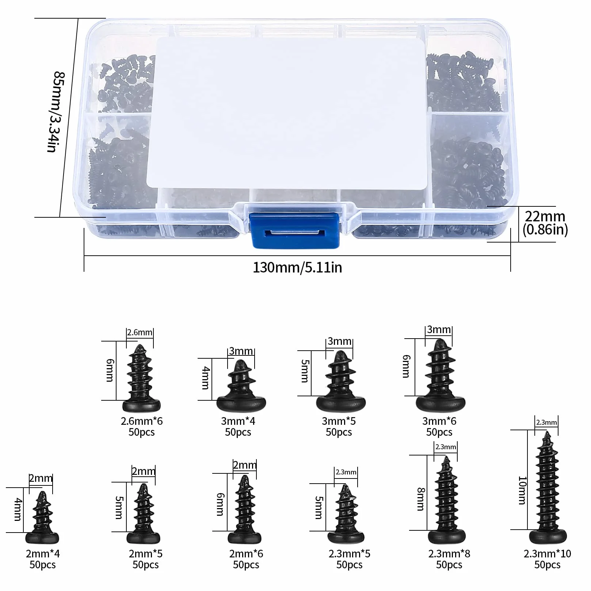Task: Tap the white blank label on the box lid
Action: (287, 113)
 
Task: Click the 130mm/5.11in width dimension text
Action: (297, 267)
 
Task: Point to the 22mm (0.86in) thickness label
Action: (545, 223)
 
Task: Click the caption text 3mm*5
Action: (339, 421)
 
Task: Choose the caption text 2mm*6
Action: (246, 554)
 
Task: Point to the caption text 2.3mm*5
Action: (349, 554)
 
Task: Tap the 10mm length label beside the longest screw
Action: (522, 490)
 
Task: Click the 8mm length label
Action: (421, 499)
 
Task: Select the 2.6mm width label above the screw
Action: (140, 332)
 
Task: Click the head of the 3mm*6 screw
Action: (441, 403)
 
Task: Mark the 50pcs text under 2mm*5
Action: (145, 565)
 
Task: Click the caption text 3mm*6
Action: (439, 421)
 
